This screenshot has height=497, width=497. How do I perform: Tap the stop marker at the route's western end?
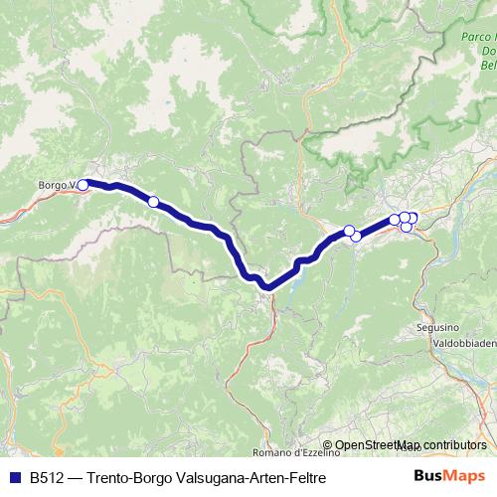click(83, 184)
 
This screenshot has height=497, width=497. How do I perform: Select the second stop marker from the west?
click(153, 202)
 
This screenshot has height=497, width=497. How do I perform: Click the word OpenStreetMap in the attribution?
click(378, 445)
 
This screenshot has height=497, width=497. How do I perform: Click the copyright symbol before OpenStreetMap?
click(328, 445)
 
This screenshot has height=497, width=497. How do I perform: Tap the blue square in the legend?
click(14, 477)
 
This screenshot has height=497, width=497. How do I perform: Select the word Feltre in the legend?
click(306, 477)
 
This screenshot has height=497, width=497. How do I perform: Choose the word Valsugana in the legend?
click(207, 477)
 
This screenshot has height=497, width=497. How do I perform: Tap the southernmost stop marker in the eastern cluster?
click(407, 228)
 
